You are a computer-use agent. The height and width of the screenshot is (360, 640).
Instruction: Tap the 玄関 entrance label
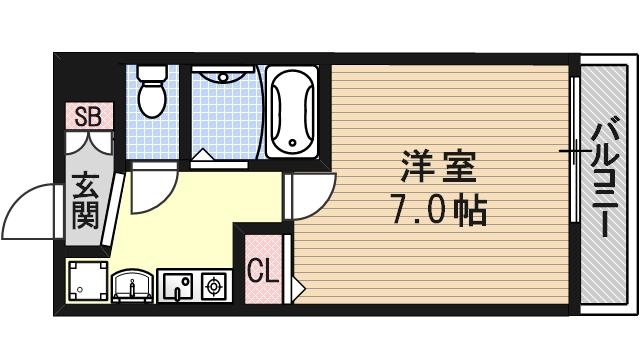coord(86,202)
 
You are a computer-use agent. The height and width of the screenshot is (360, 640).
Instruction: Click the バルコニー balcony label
coord(603,178)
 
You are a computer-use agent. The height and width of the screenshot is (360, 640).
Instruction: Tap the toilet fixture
coord(152,97)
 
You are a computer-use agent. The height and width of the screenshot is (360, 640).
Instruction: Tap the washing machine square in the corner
coord(86,280)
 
